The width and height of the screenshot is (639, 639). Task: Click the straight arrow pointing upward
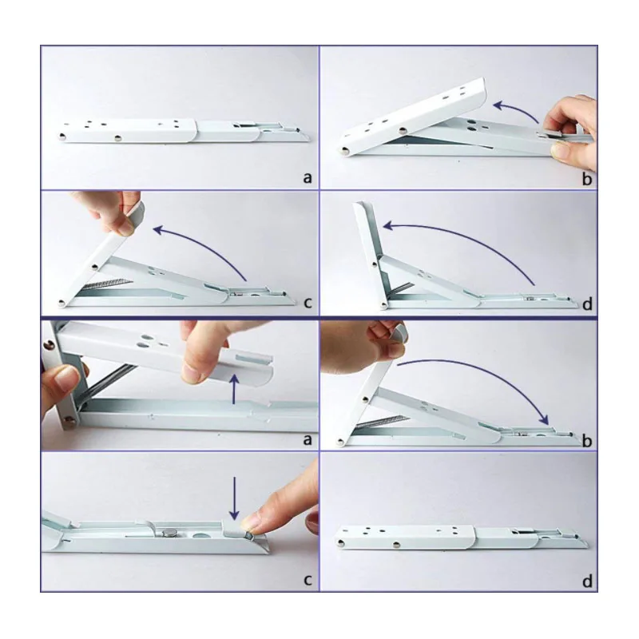[234, 389]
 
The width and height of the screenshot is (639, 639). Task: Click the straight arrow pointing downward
[234, 498]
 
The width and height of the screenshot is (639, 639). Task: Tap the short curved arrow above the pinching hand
[514, 110]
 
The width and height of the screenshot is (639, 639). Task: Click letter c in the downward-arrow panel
[308, 580]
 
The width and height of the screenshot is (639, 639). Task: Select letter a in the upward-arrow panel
[308, 439]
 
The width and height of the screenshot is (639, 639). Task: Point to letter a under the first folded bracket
[308, 177]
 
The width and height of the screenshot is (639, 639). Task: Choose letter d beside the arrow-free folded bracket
[587, 581]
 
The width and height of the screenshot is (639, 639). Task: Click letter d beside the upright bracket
[587, 304]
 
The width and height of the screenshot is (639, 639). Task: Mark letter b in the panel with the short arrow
[587, 178]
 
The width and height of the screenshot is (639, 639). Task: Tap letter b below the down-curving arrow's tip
[587, 441]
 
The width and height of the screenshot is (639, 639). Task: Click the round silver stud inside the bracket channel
[169, 531]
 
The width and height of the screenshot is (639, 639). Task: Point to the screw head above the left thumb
[50, 345]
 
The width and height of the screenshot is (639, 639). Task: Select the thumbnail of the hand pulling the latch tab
[561, 151]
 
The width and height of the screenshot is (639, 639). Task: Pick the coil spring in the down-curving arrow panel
[382, 422]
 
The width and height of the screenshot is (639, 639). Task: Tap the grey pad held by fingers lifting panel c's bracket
[136, 213]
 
